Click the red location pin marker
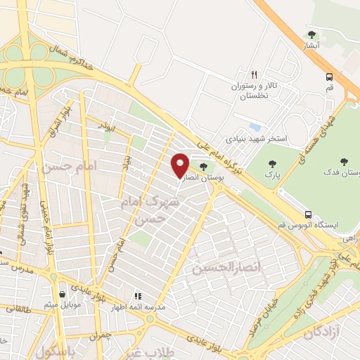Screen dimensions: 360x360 click(180, 165)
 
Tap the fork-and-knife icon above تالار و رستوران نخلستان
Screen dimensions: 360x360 click(255, 74)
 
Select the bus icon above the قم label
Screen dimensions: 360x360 click(329, 77)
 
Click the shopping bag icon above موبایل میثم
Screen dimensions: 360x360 click(64, 295)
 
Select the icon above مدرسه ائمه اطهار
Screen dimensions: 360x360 click(138, 296)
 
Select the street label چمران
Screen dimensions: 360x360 click(101, 336)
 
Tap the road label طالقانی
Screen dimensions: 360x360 click(18, 308)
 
